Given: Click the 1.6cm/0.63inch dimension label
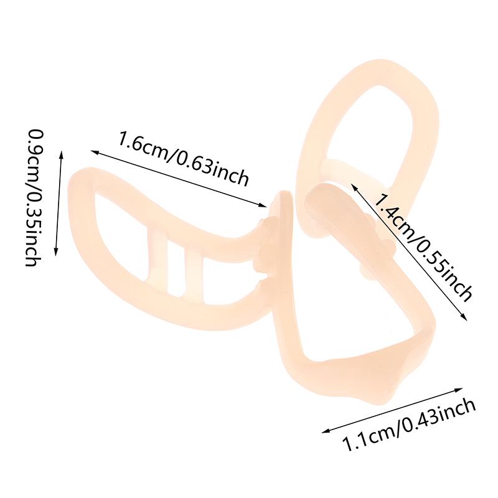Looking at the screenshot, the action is point(183,158).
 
